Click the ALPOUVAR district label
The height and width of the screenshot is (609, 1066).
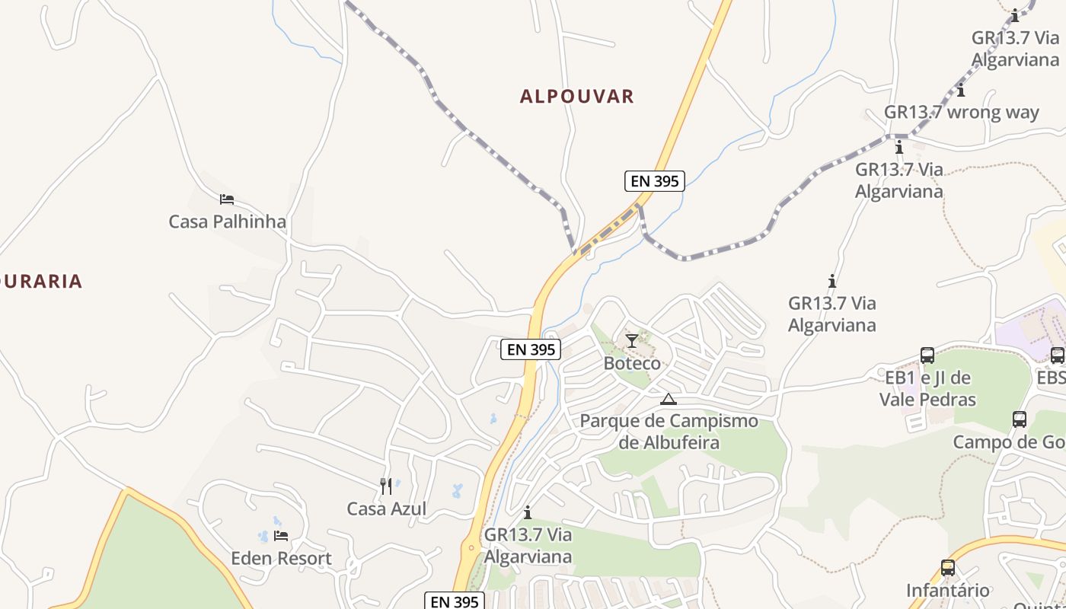point(576,97)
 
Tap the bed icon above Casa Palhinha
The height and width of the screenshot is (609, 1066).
point(226,199)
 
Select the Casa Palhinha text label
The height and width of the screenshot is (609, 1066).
point(227,222)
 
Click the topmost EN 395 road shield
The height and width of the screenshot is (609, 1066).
point(654,181)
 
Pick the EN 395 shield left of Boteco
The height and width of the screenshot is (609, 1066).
point(531,349)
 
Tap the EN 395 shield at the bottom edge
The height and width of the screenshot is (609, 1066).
point(454,601)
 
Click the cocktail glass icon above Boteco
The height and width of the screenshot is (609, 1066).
point(632,340)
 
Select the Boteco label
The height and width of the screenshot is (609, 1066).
point(632,363)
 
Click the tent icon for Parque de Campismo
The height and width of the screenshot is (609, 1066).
point(669,399)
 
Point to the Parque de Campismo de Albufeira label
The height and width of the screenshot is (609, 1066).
point(669,432)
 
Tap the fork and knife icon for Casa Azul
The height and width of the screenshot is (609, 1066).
point(386,486)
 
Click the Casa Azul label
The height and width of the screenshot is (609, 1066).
point(386,509)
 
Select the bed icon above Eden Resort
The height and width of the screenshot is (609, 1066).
point(281,536)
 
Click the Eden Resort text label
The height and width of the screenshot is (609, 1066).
point(281,559)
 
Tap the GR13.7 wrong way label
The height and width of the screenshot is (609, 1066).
point(961,113)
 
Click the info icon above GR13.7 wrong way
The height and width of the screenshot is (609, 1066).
point(961,91)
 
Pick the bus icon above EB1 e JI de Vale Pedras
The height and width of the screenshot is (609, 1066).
point(927,355)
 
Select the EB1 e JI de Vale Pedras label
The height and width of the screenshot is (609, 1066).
point(927,388)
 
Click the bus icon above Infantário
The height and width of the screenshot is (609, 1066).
point(948,567)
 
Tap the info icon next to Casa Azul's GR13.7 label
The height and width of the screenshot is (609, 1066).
point(527,512)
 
